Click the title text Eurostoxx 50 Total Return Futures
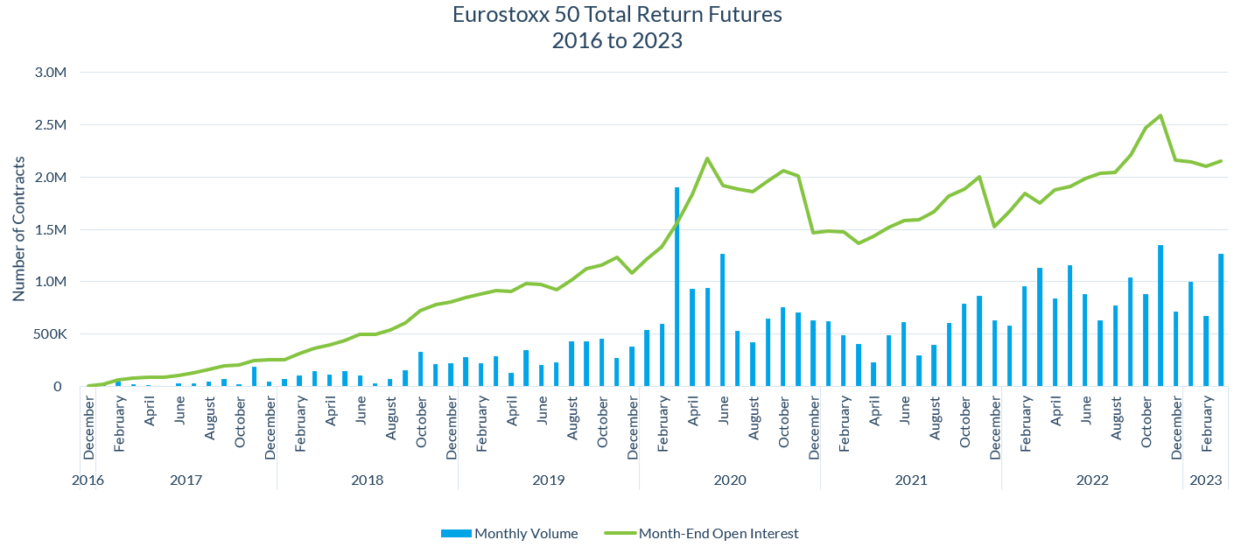(x=617, y=15)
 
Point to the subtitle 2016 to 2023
(x=617, y=40)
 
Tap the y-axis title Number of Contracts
(x=18, y=229)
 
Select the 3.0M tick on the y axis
(x=48, y=73)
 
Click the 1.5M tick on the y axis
(x=48, y=229)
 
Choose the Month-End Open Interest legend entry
(x=718, y=533)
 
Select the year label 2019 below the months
(x=548, y=480)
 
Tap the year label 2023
(x=1205, y=480)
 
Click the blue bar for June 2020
(x=722, y=320)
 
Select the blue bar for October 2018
(x=421, y=368)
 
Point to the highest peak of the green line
(x=1160, y=116)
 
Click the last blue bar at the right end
(x=1220, y=320)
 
